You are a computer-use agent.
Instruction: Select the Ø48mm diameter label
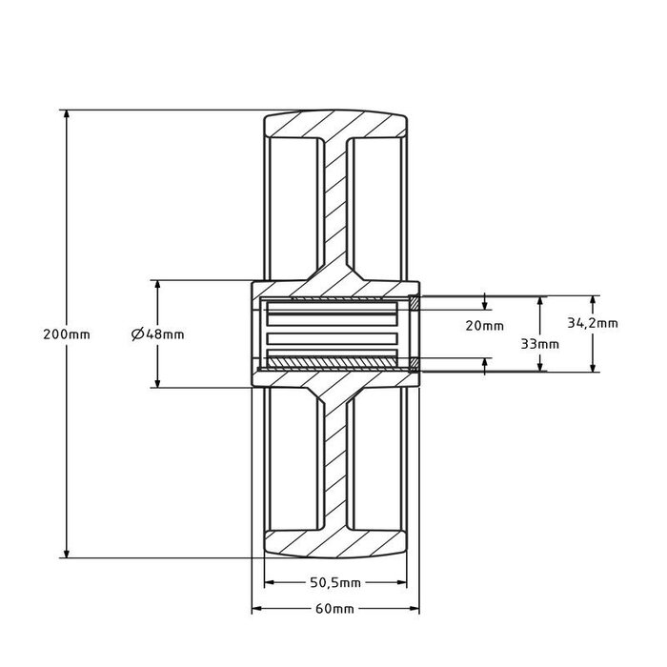point(157,333)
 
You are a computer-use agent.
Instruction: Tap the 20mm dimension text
point(485,326)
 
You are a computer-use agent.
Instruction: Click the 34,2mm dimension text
point(593,323)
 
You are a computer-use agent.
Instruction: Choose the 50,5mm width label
point(337,582)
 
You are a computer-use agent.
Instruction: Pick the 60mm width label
point(335,608)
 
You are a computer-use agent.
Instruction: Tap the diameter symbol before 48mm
point(137,333)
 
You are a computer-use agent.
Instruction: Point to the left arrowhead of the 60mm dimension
point(254,608)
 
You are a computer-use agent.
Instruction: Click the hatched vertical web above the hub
point(334,210)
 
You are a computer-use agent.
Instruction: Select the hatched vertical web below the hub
point(334,457)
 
